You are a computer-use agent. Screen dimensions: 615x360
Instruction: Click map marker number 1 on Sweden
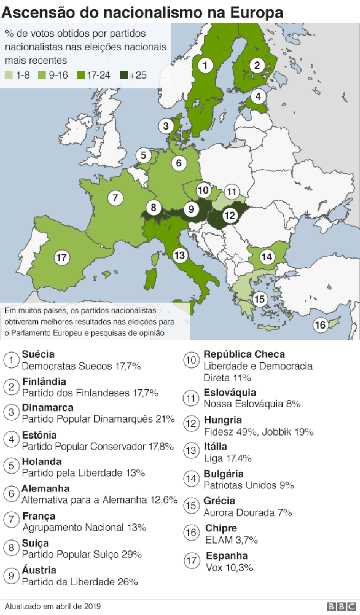click(x=205, y=65)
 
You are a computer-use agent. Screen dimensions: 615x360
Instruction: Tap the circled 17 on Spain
click(x=62, y=257)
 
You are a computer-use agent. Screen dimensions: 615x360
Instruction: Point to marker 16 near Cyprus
click(x=320, y=324)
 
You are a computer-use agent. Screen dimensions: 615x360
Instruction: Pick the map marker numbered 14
click(x=267, y=257)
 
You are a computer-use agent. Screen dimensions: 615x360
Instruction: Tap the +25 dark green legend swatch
click(x=124, y=75)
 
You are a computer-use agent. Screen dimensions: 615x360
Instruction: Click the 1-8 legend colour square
click(x=8, y=75)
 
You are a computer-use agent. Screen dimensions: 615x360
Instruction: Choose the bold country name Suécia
click(x=38, y=355)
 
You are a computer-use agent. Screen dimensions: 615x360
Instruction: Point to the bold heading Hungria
click(x=223, y=420)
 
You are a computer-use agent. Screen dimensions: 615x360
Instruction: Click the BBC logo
click(x=342, y=607)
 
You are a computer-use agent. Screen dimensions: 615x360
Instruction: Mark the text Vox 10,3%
click(x=229, y=568)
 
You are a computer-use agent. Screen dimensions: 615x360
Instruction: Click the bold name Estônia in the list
click(x=39, y=435)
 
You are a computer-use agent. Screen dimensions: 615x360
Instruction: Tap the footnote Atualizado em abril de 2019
click(x=53, y=607)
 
